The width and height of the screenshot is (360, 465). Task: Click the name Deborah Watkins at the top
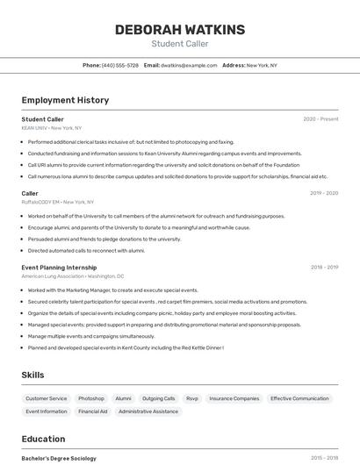point(179,30)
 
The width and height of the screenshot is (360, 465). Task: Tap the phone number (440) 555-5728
point(120,65)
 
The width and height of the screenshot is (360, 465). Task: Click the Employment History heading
point(65,100)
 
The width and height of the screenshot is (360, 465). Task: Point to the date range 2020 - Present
point(320,119)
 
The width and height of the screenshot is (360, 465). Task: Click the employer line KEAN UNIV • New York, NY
point(52,128)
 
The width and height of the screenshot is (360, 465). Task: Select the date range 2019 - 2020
point(324,193)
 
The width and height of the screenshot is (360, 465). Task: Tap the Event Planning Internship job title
point(59,268)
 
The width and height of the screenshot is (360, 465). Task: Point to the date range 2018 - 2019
point(324,268)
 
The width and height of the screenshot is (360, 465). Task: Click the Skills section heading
point(32,375)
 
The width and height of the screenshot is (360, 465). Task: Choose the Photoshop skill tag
point(90,398)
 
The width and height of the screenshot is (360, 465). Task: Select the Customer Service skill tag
point(47,398)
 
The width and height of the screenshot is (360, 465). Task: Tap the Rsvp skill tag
point(192,398)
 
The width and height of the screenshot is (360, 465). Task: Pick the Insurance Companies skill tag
point(234,398)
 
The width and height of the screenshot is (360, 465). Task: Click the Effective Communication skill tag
point(299,398)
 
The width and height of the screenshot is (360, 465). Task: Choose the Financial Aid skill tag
point(93,411)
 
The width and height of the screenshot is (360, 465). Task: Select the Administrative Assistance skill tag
point(149,411)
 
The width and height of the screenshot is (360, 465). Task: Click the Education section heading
point(43,439)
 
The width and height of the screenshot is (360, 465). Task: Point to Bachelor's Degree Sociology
point(59,458)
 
